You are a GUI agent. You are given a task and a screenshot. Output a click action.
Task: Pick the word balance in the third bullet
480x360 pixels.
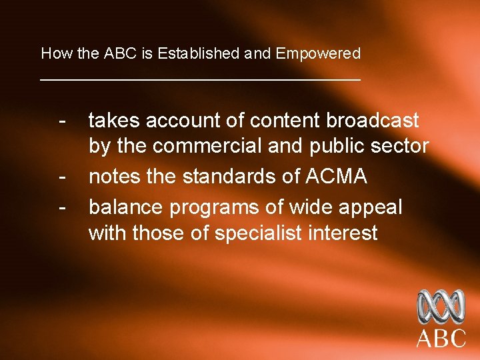[126, 207]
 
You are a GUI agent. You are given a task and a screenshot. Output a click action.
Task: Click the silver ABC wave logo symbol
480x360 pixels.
[441, 307]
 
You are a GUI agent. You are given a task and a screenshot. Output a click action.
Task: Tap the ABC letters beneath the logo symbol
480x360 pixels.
[441, 338]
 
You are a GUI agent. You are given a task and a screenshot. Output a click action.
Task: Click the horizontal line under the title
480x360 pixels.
[200, 79]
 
